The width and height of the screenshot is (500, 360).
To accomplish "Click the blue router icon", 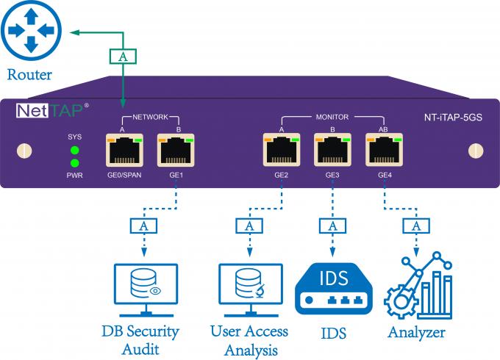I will click(30, 31).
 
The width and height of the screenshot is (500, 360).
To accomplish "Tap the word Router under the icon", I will click(30, 74).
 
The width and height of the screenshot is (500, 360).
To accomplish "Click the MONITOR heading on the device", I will click(332, 117).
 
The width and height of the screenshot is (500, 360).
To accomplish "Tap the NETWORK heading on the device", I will click(150, 117).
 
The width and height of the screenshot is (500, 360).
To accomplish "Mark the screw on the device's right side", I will click(474, 151).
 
